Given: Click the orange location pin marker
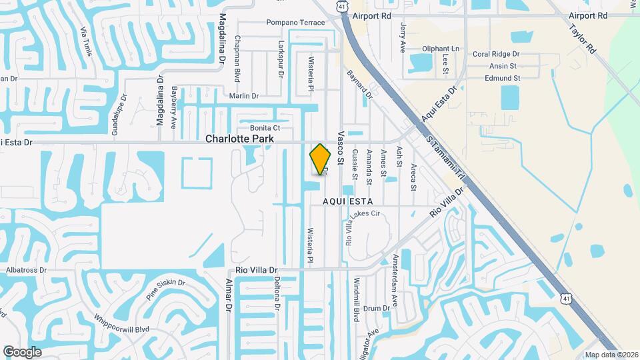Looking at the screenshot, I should [x=321, y=159].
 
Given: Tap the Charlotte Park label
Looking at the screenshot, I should [x=240, y=139].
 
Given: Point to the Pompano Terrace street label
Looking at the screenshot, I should [x=295, y=23].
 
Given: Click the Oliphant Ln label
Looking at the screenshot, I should [x=441, y=49].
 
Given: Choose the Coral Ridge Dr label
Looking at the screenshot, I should [x=495, y=54].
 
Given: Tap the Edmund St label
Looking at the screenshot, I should [x=502, y=78].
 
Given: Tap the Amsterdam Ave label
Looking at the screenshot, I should [x=395, y=271].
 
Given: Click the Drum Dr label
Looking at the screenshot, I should [x=376, y=308].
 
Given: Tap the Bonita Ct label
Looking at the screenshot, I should [x=265, y=127].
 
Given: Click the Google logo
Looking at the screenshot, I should [x=22, y=351].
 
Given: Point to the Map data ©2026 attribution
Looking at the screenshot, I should [x=611, y=355].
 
